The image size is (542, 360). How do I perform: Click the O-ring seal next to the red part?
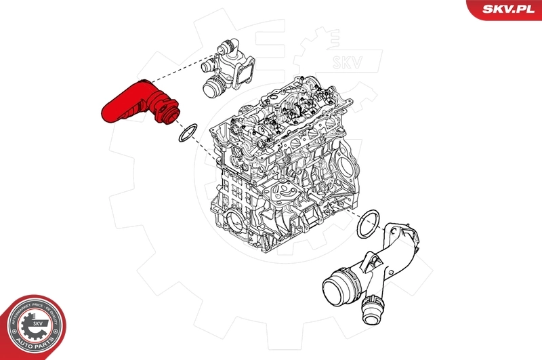point(188,133)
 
